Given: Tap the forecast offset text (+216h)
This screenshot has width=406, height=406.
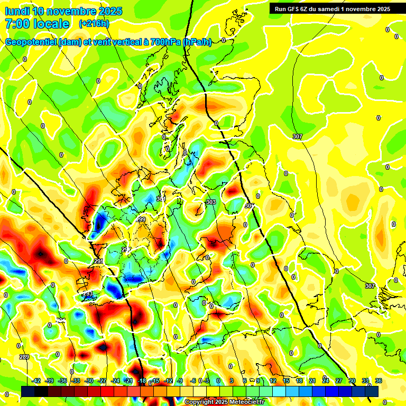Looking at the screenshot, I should (94, 24).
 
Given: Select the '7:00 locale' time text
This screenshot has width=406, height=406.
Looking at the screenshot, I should (36, 24).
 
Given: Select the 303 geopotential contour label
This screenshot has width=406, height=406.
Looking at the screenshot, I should (211, 202).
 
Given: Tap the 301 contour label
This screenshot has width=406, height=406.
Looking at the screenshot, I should (161, 199).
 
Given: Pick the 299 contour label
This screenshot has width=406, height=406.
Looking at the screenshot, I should (140, 219).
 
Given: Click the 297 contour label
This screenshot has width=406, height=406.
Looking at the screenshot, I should (126, 250).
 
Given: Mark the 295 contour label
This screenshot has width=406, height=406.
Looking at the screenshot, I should (99, 261).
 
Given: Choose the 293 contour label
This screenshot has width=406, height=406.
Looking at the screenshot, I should (87, 293).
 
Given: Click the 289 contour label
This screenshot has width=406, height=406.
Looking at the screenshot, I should (24, 357).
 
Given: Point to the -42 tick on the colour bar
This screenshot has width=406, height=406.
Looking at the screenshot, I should (36, 381).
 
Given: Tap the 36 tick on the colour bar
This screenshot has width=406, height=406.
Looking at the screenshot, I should (378, 381).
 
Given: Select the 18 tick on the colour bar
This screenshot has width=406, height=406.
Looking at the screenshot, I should (299, 381).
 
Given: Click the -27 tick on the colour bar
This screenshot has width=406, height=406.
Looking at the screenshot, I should (102, 381).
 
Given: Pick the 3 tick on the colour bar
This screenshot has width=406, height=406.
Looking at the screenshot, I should (232, 381).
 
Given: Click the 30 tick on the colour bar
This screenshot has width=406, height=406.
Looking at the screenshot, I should (352, 381).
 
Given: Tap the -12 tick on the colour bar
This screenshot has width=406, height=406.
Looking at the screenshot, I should (168, 381).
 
